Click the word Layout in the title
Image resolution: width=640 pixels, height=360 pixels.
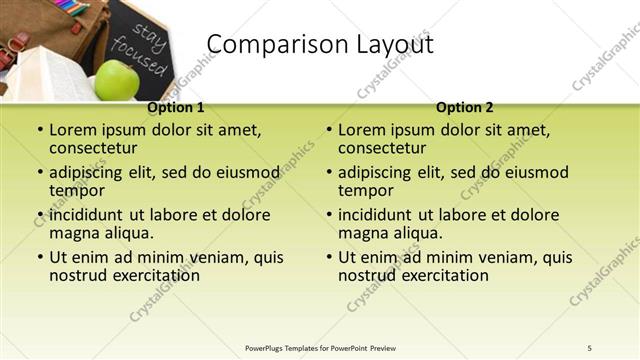point(390,45)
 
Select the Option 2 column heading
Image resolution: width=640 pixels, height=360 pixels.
point(464,107)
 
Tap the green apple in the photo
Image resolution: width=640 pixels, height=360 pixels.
point(117,79)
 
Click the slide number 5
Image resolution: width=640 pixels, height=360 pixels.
point(590,347)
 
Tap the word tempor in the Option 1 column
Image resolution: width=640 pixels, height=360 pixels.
point(77,190)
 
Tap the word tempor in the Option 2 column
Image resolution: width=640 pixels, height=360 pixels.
point(366,190)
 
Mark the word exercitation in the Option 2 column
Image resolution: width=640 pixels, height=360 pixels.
point(443,275)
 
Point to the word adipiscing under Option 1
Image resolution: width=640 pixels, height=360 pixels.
point(91,172)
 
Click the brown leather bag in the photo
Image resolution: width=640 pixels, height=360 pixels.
point(70,30)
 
